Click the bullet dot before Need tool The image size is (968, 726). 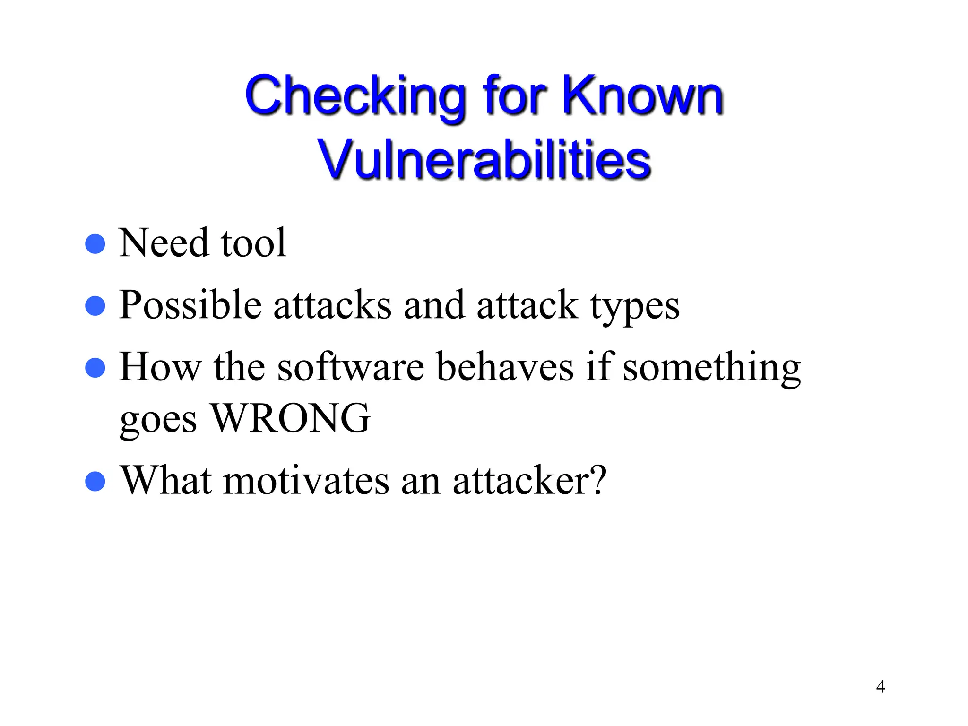point(95,244)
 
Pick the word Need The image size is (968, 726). point(164,243)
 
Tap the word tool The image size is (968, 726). point(253,243)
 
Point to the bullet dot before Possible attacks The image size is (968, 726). point(95,306)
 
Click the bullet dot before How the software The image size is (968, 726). point(95,368)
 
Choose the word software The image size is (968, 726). point(350,367)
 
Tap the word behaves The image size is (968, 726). point(504,367)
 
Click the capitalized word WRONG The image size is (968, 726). point(290,418)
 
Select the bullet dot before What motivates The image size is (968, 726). point(95,482)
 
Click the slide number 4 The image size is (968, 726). point(880,686)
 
